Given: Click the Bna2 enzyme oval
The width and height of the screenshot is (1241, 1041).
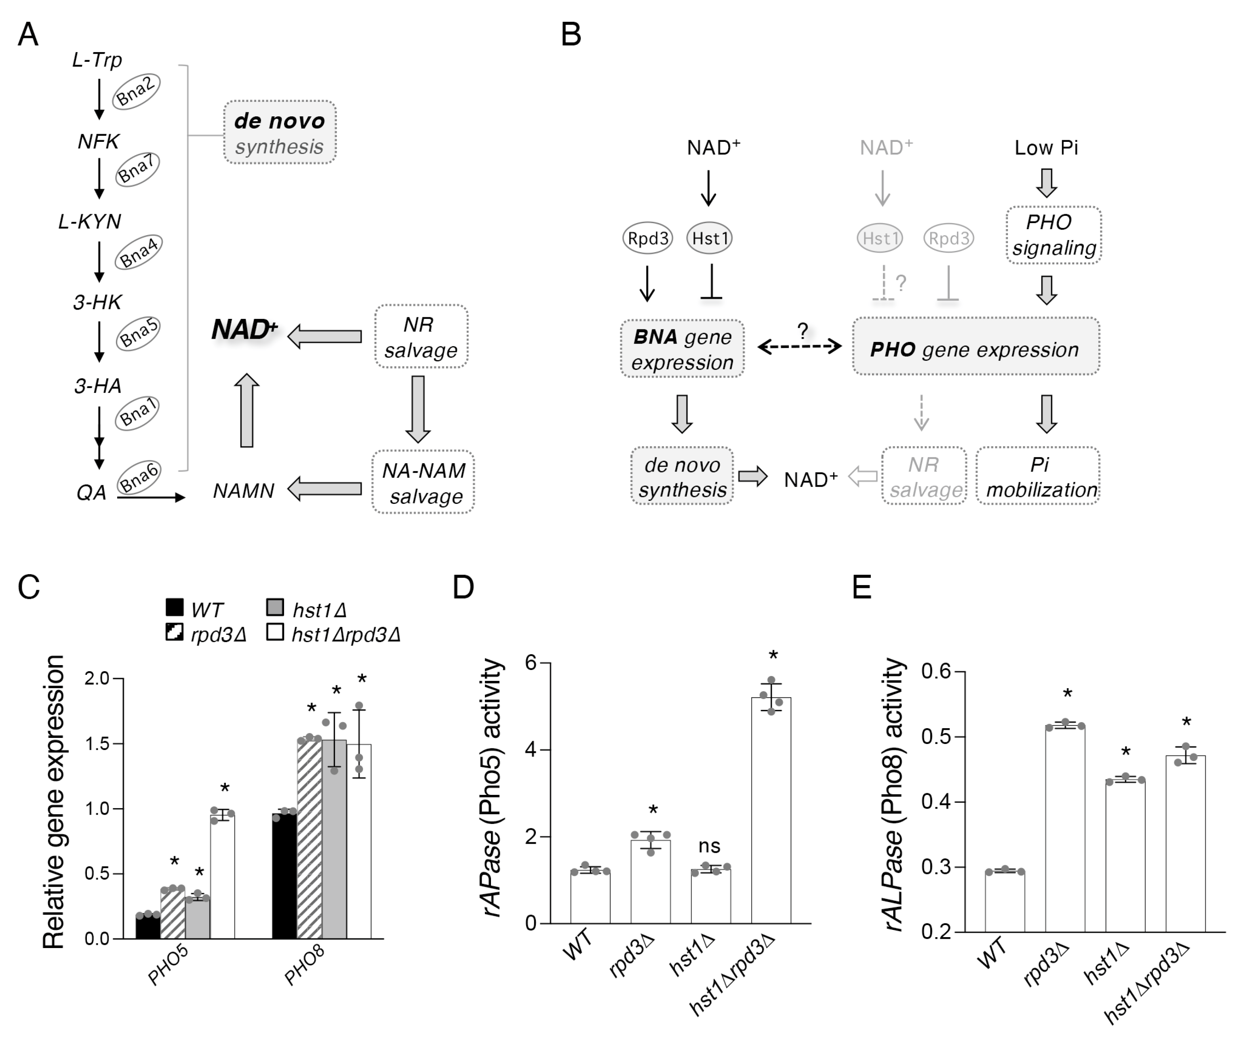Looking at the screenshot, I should (136, 92).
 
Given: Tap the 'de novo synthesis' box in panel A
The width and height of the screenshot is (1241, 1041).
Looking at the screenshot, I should (280, 132).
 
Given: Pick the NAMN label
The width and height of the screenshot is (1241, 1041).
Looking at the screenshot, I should (244, 490).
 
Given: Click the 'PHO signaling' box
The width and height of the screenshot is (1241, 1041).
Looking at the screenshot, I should (1053, 234).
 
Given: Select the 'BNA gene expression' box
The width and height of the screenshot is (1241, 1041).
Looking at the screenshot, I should (682, 349).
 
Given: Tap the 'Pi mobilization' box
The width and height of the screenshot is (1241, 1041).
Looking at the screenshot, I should (1038, 476).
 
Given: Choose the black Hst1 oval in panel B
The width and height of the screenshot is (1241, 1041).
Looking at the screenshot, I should (709, 238).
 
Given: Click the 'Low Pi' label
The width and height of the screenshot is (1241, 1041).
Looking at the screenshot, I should (1046, 148).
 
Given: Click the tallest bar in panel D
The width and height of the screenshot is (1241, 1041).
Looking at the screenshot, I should (771, 810).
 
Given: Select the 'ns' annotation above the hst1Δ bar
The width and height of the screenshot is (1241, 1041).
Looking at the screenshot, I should (709, 846).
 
